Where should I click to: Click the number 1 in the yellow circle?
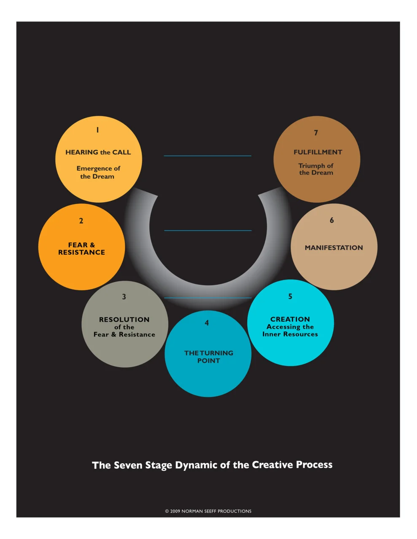point(97,130)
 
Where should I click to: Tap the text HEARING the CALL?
point(98,152)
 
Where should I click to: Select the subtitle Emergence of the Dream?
point(98,172)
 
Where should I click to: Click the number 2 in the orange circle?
point(81,221)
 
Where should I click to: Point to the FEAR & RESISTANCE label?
point(81,248)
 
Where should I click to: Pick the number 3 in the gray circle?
point(124,297)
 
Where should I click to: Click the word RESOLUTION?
point(124,320)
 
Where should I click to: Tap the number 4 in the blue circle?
point(207,323)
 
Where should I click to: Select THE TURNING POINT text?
point(209,357)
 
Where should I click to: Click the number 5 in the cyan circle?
point(290,296)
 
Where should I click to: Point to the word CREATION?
point(290,319)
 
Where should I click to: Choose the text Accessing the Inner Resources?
point(290,331)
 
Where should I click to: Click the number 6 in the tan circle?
point(332,220)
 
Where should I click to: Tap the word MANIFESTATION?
point(334,248)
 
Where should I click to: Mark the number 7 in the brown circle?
point(316,133)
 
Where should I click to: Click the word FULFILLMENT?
point(318,152)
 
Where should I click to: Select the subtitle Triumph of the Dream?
point(316,169)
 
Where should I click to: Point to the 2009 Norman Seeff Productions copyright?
point(208,511)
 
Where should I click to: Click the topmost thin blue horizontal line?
point(207,156)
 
